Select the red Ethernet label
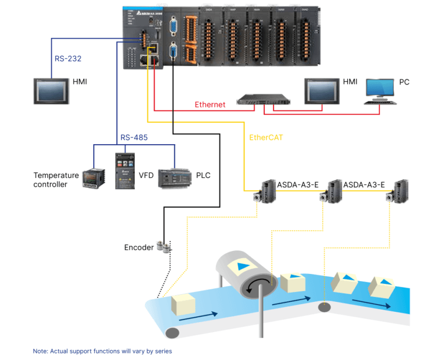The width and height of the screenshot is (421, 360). tap(210, 105)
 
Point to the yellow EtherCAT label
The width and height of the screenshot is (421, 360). tap(266, 138)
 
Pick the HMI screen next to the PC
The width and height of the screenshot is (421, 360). tap(322, 90)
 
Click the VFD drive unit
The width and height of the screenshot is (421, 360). tap(124, 170)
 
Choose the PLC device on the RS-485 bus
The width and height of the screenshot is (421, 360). tap(174, 178)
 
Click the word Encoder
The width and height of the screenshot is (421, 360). tap(139, 247)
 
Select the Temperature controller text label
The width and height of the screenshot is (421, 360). tap(56, 180)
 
